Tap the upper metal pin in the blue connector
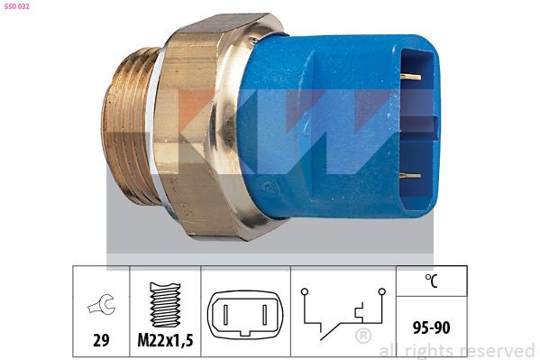pyautogui.click(x=410, y=77)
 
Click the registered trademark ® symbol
pyautogui.click(x=363, y=337)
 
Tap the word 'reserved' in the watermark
pyautogui.click(x=497, y=350)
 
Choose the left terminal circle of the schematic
pyautogui.click(x=304, y=292)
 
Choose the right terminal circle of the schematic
pyautogui.click(x=382, y=292)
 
